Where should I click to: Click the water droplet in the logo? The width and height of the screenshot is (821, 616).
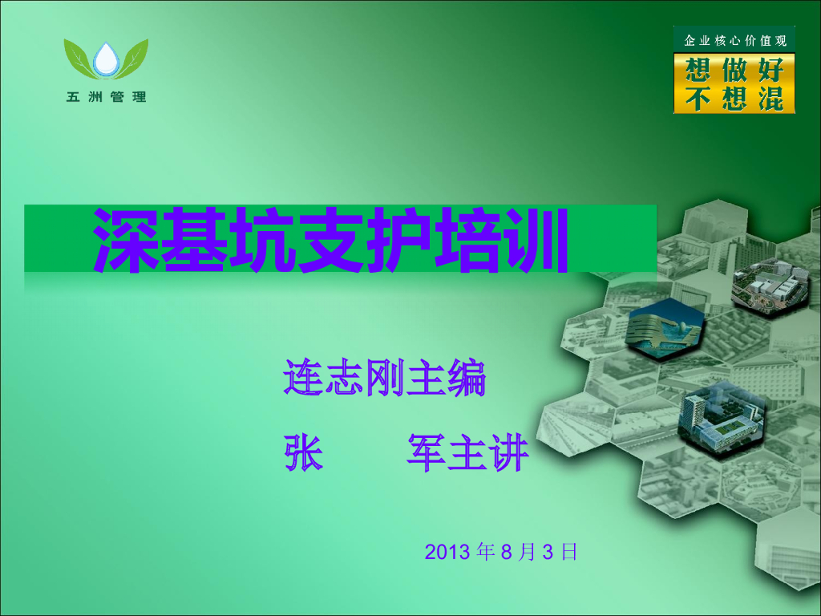[x=106, y=60]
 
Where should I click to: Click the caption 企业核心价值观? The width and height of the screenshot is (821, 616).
[x=734, y=39]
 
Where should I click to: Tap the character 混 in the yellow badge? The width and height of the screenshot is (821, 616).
[x=770, y=99]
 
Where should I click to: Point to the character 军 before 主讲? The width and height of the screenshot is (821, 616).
[x=427, y=453]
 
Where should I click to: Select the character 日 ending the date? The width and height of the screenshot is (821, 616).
[x=569, y=552]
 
